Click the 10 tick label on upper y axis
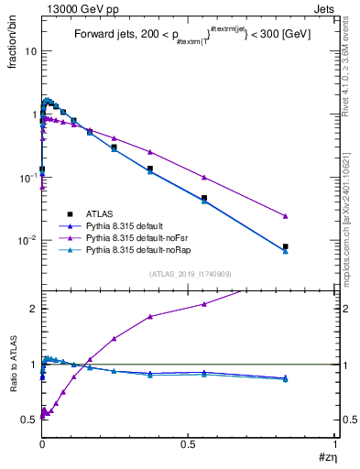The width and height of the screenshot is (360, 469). point(30,51)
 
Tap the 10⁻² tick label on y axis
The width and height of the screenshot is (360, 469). point(27,241)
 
